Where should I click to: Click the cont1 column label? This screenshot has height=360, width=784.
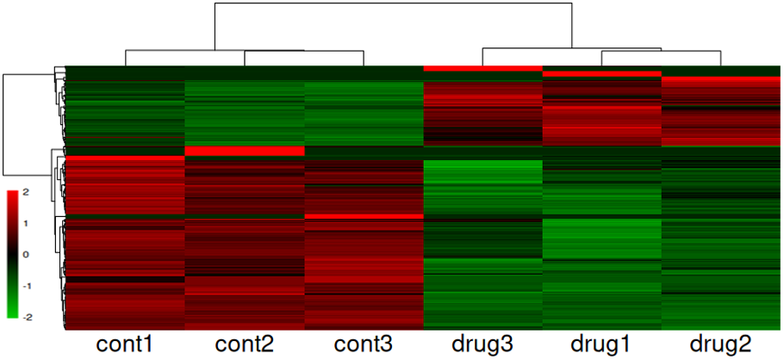(x=125, y=344)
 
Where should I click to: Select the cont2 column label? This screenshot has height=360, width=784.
(x=245, y=344)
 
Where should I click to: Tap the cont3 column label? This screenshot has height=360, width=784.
(x=364, y=344)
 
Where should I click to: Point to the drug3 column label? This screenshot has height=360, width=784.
(x=482, y=344)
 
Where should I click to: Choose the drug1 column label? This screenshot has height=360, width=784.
(x=601, y=344)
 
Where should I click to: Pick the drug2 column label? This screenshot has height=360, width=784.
(x=720, y=344)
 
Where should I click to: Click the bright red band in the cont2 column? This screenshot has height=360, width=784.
(x=245, y=152)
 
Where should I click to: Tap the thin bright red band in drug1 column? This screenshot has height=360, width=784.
(x=601, y=74)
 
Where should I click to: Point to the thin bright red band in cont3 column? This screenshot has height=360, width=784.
(x=364, y=216)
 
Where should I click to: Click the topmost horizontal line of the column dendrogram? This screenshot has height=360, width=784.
(x=393, y=4)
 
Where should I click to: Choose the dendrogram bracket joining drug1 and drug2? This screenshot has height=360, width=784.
(x=661, y=52)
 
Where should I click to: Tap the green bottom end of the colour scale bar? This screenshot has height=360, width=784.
(x=12, y=313)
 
